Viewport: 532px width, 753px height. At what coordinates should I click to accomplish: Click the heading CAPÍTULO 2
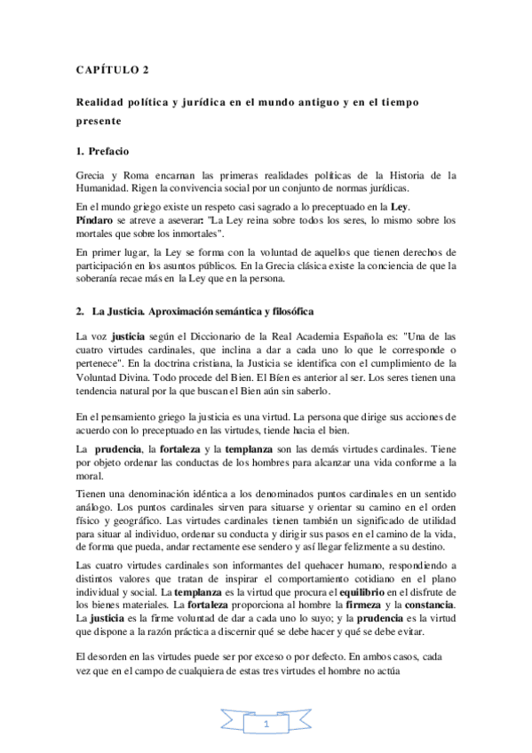[111, 71]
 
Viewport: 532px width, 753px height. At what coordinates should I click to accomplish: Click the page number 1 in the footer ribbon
[266, 726]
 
